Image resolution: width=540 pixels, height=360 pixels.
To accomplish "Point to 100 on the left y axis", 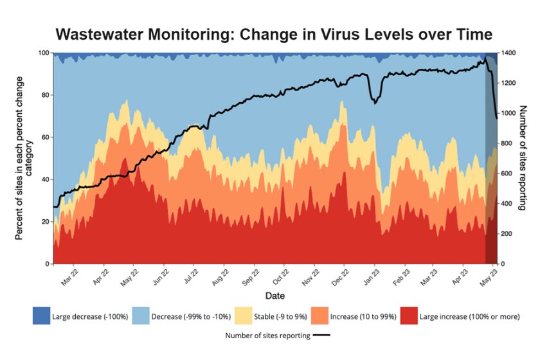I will pyautogui.click(x=44, y=53).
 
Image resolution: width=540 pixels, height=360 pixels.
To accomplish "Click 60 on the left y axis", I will pyautogui.click(x=45, y=138).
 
